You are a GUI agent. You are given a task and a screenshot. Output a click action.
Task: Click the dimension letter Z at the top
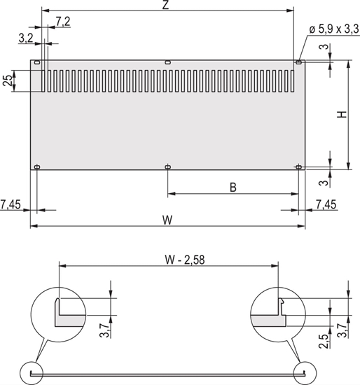point(165,6)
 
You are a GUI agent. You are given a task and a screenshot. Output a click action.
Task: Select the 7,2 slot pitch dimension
point(62,22)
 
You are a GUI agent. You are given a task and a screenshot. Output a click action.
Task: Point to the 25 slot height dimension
point(8,81)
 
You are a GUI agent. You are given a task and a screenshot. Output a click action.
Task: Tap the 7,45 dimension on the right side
point(326,204)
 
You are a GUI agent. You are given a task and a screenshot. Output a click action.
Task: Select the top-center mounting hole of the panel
point(167,63)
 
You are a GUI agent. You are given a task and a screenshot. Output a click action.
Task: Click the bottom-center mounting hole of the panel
point(167,167)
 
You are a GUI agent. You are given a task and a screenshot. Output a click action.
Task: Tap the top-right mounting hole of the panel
point(299,63)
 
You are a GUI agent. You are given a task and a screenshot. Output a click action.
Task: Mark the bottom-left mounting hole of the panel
point(37,167)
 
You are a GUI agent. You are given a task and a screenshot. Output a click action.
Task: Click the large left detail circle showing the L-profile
point(59,312)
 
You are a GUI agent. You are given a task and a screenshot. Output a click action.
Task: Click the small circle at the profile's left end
point(32,372)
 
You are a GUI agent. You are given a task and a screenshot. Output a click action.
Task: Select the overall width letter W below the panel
point(167,220)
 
